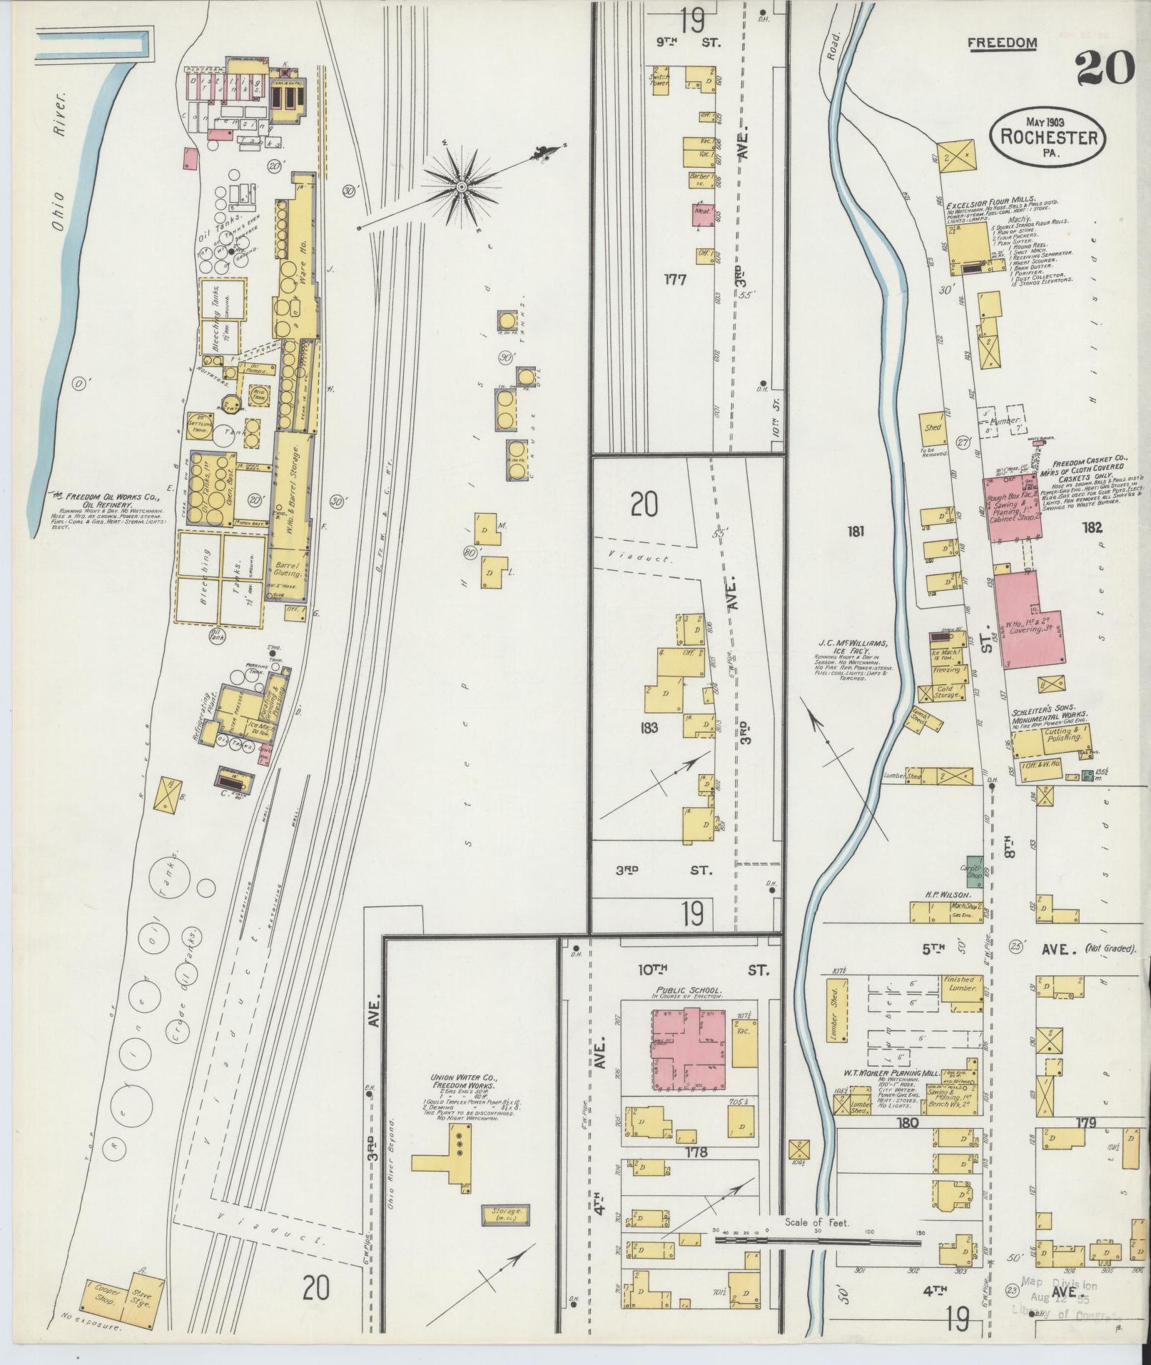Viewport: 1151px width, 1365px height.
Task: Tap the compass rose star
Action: tap(462, 187)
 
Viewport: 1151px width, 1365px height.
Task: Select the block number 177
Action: tap(674, 280)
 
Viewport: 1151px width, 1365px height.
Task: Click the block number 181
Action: tap(856, 531)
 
